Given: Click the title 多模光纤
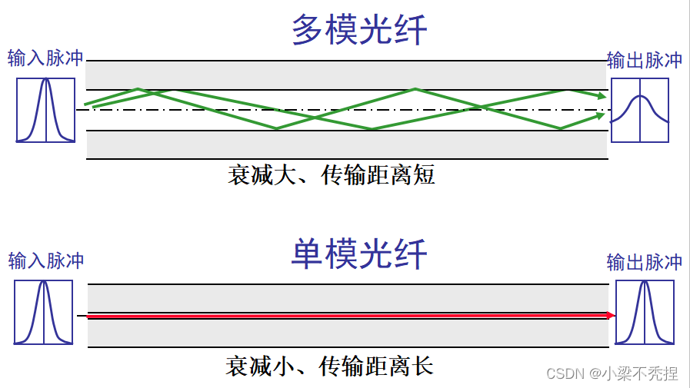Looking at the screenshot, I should (x=359, y=32).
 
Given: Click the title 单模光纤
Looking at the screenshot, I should (x=359, y=254).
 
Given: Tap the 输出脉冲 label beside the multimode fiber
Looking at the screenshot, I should (x=644, y=61).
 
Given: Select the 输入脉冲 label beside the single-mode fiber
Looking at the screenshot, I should (x=45, y=260).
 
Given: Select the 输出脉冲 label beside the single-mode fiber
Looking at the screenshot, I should (x=644, y=262).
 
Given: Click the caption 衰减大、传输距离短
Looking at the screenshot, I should (x=331, y=176).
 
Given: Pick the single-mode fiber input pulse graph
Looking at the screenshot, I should (x=44, y=312).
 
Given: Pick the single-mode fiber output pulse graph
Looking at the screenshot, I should (x=645, y=313).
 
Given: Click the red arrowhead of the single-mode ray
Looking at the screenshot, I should (x=611, y=315).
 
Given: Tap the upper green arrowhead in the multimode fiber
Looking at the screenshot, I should (x=599, y=95).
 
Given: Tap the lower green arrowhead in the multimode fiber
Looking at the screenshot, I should (x=599, y=116).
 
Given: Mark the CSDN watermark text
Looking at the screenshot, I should (x=612, y=373).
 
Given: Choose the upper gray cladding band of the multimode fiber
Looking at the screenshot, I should (x=346, y=75).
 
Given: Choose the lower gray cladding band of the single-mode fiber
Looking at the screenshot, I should (x=346, y=333).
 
